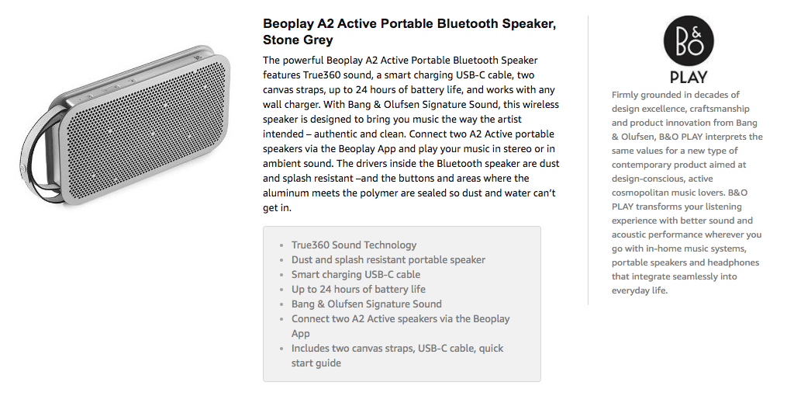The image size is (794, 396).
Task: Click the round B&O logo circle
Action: pyautogui.click(x=689, y=40)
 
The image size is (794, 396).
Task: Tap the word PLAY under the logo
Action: pyautogui.click(x=689, y=78)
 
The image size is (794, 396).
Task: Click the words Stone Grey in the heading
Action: pyautogui.click(x=298, y=40)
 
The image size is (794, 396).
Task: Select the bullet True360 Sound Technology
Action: pyautogui.click(x=354, y=245)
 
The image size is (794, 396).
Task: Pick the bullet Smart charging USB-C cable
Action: pyautogui.click(x=355, y=274)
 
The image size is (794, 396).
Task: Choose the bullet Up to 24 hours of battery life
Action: pyautogui.click(x=358, y=289)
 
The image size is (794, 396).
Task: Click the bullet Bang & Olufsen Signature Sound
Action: pyautogui.click(x=366, y=304)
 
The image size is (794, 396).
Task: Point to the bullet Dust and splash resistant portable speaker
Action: pyautogui.click(x=388, y=259)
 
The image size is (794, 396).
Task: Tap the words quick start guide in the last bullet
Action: pyautogui.click(x=398, y=356)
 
